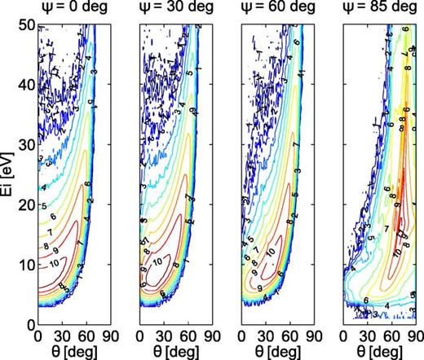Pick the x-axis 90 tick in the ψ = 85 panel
point(415,335)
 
